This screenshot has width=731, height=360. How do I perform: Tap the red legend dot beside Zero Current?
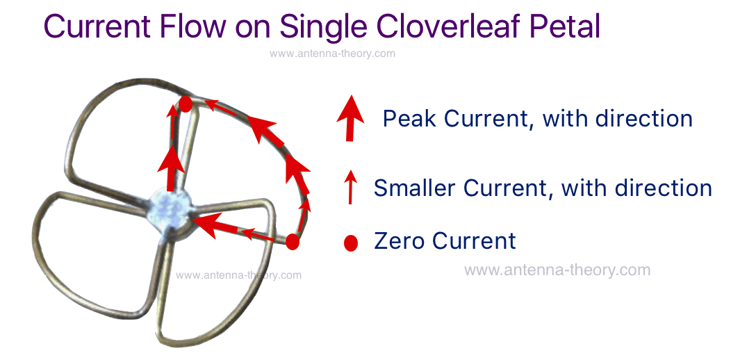coord(351,243)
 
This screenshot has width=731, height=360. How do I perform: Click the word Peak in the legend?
coord(410,118)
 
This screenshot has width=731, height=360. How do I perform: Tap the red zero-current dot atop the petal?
coord(186,104)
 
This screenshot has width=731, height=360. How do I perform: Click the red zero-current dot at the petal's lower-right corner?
coord(293,242)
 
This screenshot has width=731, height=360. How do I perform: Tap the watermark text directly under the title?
coord(332,54)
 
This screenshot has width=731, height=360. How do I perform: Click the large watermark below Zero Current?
coord(557,270)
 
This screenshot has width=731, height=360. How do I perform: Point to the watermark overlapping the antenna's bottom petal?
coord(239,275)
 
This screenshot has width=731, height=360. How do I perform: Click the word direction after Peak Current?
coord(643,118)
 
